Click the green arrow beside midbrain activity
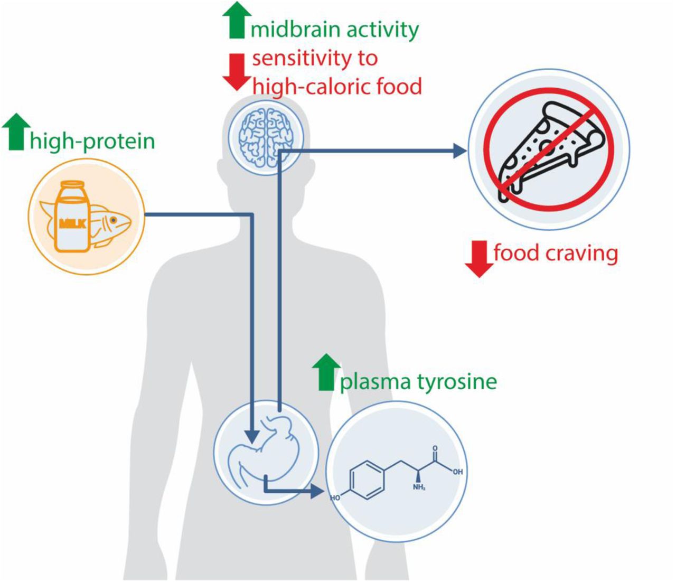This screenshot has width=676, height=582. [234, 21]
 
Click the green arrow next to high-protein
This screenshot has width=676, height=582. [16, 132]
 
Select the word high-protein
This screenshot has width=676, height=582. [92, 142]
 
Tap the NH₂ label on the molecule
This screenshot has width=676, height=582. [419, 487]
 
